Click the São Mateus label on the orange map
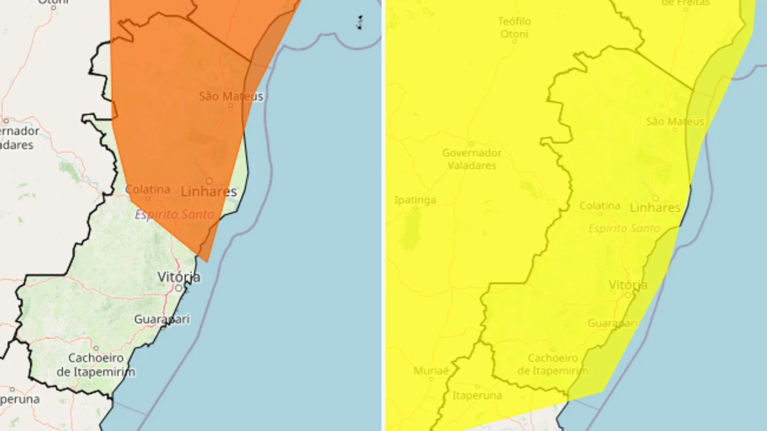231,96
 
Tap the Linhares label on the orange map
208,192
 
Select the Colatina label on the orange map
148,190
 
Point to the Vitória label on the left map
179,277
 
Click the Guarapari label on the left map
162,319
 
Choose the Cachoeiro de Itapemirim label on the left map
96,365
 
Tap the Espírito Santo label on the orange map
174,215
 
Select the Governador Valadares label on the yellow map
472,159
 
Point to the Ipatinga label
415,200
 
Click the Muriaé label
431,371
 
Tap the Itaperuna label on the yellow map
477,396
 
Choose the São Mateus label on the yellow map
675,121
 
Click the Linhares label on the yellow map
655,208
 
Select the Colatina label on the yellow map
600,206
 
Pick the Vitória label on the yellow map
628,285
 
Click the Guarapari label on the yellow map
612,323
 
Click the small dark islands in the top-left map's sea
360,22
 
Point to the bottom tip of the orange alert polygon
206,261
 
